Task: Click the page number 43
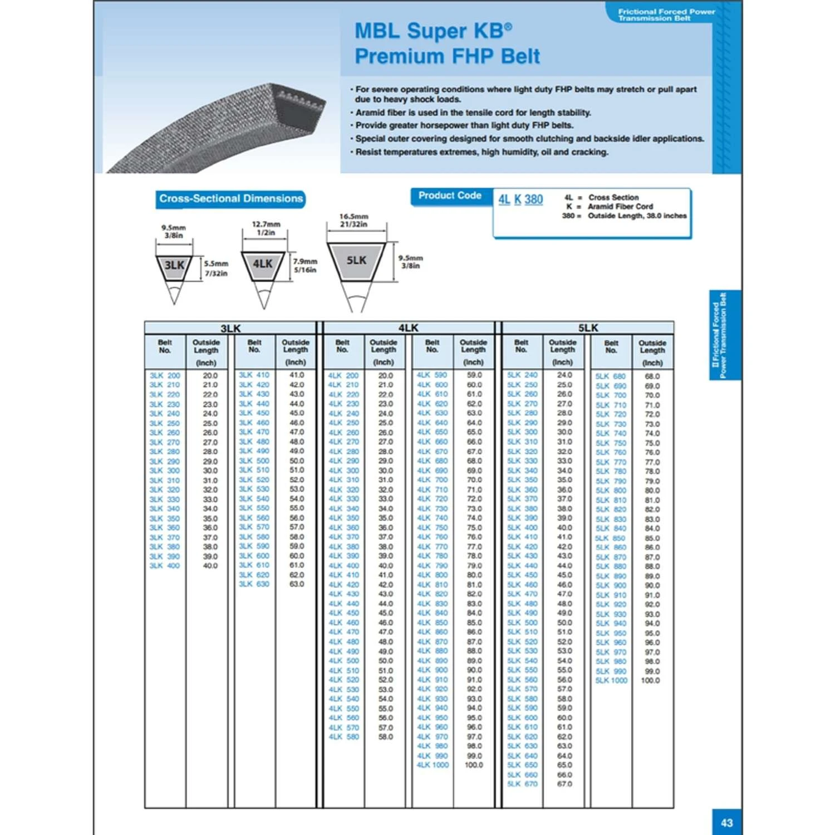726,822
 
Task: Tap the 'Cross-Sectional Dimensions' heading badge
230,199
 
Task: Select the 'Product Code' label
450,195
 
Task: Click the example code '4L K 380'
520,200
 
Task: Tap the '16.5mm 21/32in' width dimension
353,220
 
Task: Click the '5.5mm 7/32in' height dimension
216,268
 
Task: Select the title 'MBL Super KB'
433,31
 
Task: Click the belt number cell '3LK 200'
165,376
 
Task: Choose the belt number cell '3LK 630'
254,584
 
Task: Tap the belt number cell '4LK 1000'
433,765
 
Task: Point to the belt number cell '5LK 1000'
611,680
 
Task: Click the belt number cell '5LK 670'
522,784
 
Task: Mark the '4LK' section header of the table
408,328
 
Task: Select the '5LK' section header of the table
588,328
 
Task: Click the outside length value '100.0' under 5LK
650,680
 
